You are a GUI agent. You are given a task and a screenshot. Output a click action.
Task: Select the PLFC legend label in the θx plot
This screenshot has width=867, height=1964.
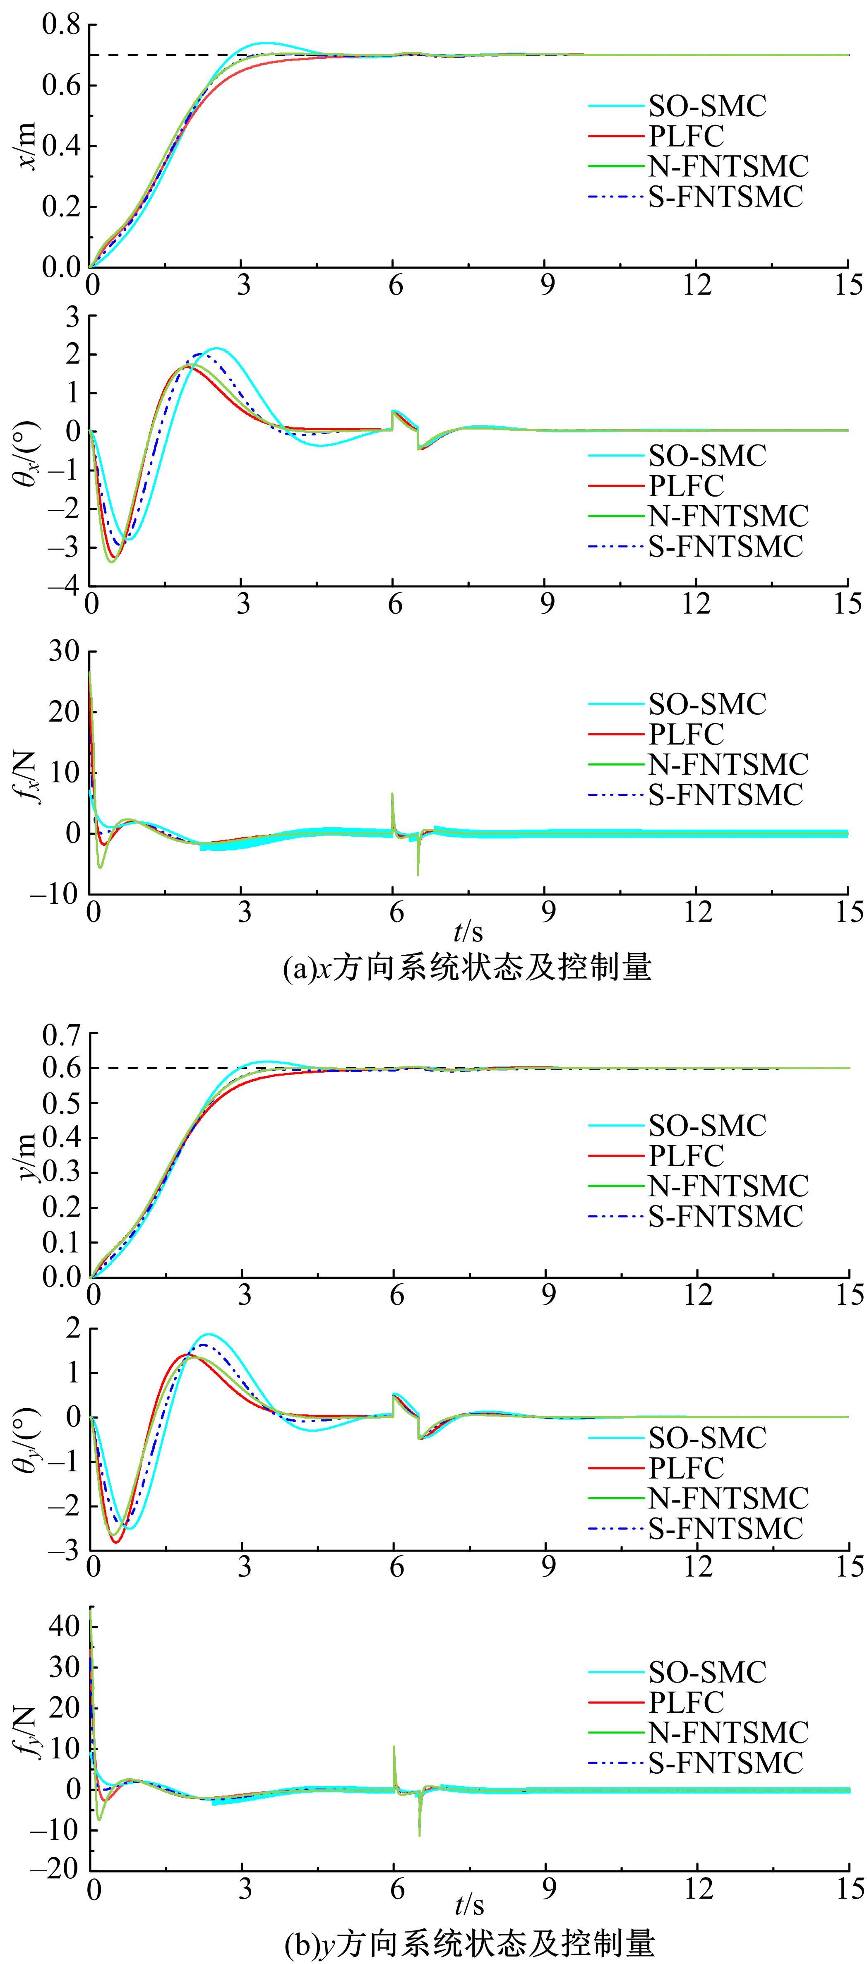pos(685,486)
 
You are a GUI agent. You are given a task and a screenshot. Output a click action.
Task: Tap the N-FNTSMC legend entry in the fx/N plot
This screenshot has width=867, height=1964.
pos(728,764)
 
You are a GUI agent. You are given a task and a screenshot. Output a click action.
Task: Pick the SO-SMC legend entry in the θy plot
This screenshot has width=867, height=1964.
pos(707,1438)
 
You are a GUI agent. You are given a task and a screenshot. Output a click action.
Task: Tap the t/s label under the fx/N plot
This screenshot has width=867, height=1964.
pos(468,932)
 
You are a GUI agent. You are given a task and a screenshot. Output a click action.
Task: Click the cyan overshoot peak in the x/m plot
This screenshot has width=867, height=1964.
pos(264,43)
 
